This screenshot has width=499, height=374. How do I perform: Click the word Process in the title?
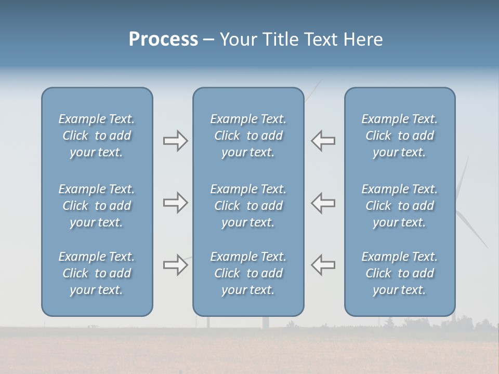pyautogui.click(x=163, y=39)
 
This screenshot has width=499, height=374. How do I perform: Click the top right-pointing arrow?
pyautogui.click(x=176, y=141)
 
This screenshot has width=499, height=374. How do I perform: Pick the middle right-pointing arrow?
pyautogui.click(x=176, y=203)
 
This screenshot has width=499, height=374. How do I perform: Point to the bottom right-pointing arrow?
pyautogui.click(x=176, y=265)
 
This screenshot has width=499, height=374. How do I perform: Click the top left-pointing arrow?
pyautogui.click(x=323, y=141)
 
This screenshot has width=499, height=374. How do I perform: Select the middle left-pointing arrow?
pyautogui.click(x=323, y=203)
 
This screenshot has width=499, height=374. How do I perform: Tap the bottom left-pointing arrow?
pyautogui.click(x=323, y=265)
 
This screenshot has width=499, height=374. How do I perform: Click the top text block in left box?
pyautogui.click(x=97, y=136)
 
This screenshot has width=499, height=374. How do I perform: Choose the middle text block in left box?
pyautogui.click(x=97, y=206)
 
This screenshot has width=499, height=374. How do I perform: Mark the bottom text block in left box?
pyautogui.click(x=97, y=273)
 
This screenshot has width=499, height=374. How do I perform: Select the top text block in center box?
pyautogui.click(x=248, y=136)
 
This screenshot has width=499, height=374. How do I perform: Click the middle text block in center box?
pyautogui.click(x=248, y=206)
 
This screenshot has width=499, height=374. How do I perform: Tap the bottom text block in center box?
pyautogui.click(x=248, y=273)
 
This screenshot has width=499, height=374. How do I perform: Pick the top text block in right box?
pyautogui.click(x=399, y=136)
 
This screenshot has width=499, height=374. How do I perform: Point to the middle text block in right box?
pyautogui.click(x=399, y=206)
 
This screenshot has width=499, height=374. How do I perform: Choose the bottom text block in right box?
pyautogui.click(x=399, y=273)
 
